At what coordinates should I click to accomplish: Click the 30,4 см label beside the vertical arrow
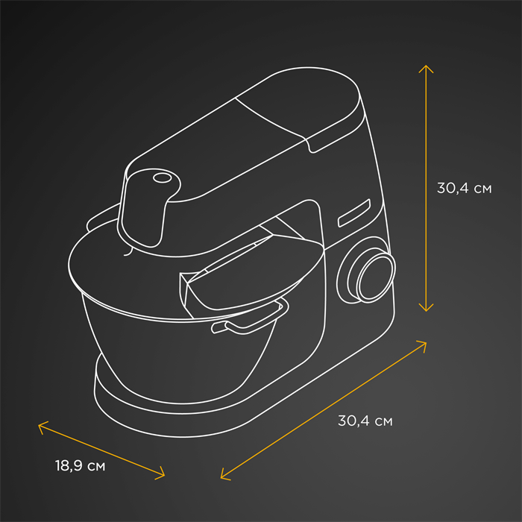(464, 189)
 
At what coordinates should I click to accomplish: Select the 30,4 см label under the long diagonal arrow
(365, 421)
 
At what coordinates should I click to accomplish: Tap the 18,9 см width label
(80, 466)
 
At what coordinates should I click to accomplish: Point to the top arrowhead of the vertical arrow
(425, 68)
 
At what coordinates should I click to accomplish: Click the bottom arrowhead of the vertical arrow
(425, 307)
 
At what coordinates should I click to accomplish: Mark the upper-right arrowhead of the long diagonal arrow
(423, 344)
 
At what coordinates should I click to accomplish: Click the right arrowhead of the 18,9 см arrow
(161, 473)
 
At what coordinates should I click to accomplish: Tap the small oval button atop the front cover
(160, 177)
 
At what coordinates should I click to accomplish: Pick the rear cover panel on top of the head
(298, 97)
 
